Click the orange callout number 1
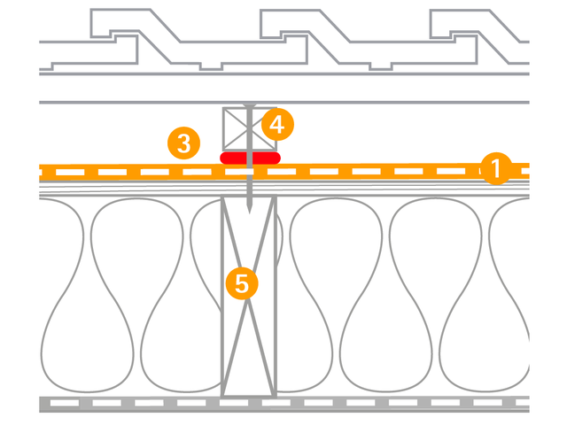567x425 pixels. click(496, 167)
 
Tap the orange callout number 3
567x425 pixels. click(183, 143)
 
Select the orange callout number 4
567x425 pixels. click(277, 125)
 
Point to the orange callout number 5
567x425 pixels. click(242, 282)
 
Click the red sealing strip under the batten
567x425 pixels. click(250, 158)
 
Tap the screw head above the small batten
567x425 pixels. click(251, 105)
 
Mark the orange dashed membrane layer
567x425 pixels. click(354, 170)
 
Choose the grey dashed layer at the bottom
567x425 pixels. click(283, 404)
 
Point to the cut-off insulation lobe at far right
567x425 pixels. click(514, 292)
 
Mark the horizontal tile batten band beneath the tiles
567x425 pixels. click(283, 88)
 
